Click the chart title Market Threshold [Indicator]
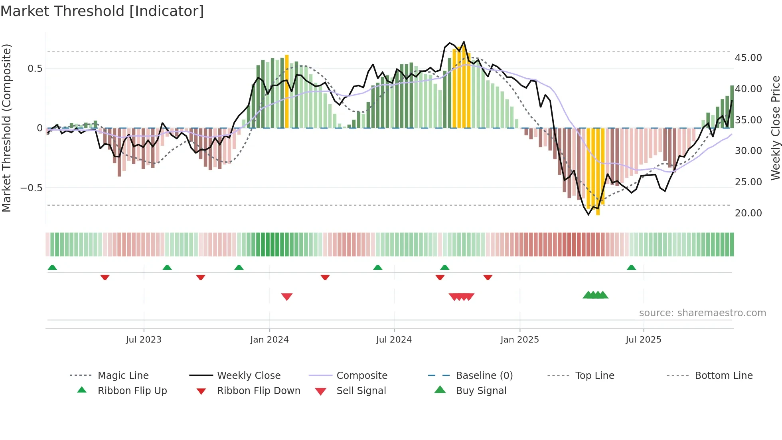[102, 11]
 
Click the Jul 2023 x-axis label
[144, 340]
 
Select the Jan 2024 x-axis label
[269, 340]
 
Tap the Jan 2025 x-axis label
[519, 340]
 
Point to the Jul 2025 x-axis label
[643, 340]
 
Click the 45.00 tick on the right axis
[748, 58]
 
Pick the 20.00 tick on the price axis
[748, 213]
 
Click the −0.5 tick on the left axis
[31, 188]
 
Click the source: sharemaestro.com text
[702, 313]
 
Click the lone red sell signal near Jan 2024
[287, 297]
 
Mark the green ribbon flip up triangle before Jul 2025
[631, 268]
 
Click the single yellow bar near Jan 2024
[287, 92]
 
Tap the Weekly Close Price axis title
[775, 128]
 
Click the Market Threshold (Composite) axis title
[6, 128]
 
